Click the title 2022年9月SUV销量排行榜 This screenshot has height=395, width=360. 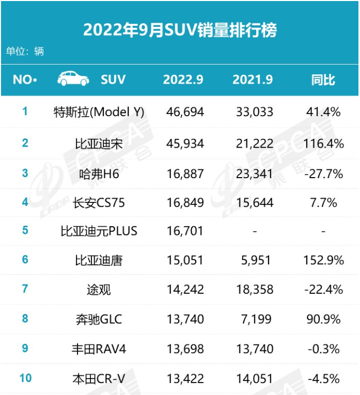point(180,29)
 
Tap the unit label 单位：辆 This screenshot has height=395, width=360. point(25,51)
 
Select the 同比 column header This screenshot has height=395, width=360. point(323,80)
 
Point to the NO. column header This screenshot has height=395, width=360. point(24,80)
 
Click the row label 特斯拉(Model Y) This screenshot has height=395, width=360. point(99,112)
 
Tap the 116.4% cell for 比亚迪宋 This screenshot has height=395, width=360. point(323,144)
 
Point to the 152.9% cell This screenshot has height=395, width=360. point(323,260)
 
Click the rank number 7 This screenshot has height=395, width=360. point(25,289)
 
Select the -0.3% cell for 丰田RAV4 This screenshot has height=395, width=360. point(323,350)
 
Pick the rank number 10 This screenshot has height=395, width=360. point(25,378)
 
